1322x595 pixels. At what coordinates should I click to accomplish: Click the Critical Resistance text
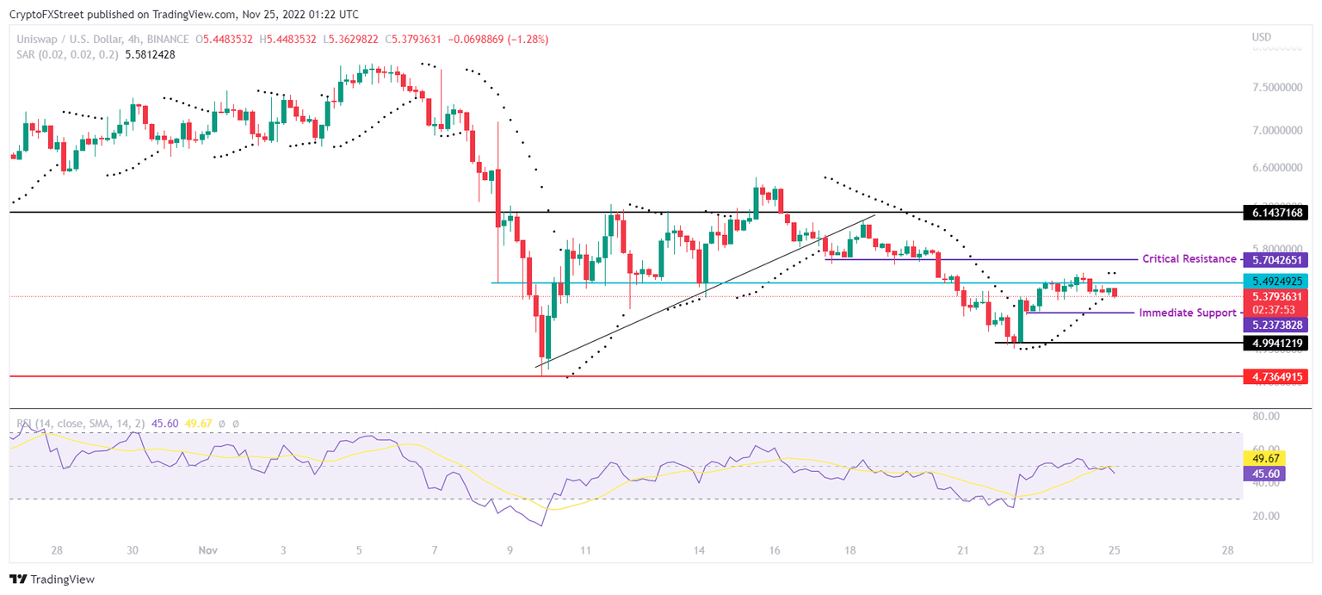pyautogui.click(x=1189, y=259)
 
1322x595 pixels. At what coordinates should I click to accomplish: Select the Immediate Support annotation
pyautogui.click(x=1187, y=313)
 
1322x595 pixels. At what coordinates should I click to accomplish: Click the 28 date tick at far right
pyautogui.click(x=1227, y=550)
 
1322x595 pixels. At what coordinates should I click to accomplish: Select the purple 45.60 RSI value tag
pyautogui.click(x=1259, y=474)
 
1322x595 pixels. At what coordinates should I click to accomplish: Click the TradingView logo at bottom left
pyautogui.click(x=53, y=580)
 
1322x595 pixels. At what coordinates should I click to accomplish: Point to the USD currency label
pyautogui.click(x=1262, y=37)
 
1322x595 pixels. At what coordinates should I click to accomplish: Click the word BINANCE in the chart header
pyautogui.click(x=170, y=40)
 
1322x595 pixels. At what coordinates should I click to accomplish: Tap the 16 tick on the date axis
pyautogui.click(x=775, y=550)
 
